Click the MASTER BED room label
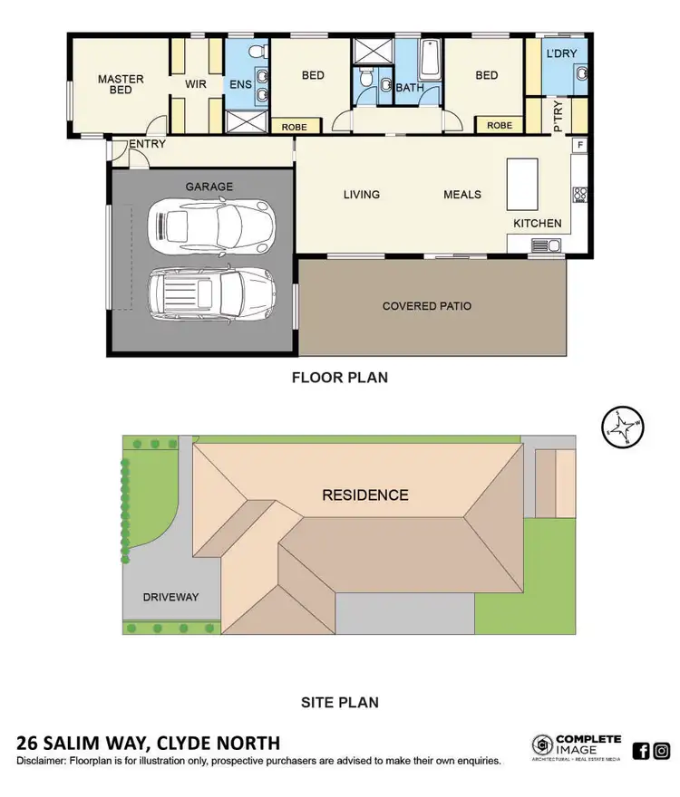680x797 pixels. tap(121, 85)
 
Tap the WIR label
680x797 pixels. tap(197, 85)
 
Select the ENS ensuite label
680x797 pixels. tap(241, 85)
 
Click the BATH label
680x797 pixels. tap(409, 88)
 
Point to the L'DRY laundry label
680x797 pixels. tap(562, 54)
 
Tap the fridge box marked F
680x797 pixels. tap(578, 146)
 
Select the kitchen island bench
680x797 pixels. tap(522, 185)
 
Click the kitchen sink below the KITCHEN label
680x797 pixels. tap(547, 244)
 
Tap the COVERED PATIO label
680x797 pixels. tap(426, 306)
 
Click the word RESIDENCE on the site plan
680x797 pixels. tap(365, 495)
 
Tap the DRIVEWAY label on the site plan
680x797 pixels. tap(170, 597)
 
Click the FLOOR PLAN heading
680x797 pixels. tap(339, 378)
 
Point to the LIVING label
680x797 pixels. tap(361, 195)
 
